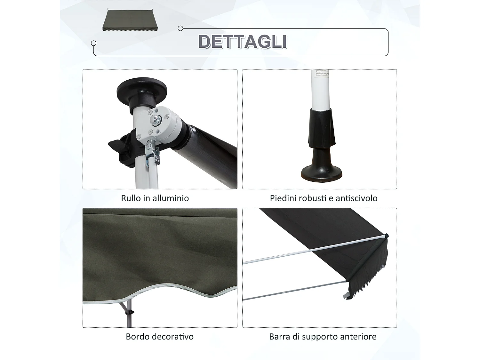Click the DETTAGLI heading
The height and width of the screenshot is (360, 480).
(243, 42)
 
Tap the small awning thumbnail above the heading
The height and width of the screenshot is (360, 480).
(130, 20)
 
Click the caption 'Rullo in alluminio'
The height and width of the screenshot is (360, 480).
(155, 198)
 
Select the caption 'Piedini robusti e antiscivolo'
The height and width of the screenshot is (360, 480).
(324, 198)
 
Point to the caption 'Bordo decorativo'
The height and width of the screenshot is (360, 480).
(159, 337)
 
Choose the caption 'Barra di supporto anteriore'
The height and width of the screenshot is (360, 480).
(323, 337)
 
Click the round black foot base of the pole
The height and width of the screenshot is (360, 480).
(321, 173)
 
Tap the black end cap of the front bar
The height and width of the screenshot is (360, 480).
(387, 236)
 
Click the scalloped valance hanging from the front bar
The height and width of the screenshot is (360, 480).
(368, 275)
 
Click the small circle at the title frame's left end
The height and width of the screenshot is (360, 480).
(93, 43)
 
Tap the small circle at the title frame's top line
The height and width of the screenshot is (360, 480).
(180, 28)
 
